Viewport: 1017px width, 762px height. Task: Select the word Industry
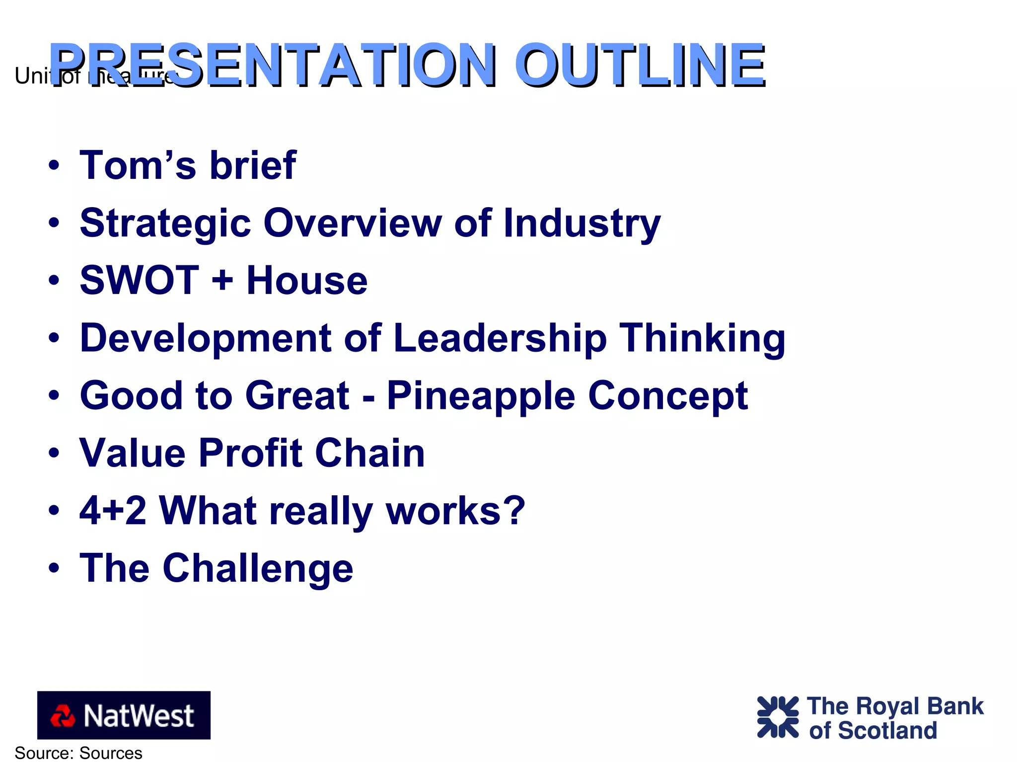pyautogui.click(x=581, y=223)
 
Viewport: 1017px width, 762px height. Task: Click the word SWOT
pyautogui.click(x=139, y=280)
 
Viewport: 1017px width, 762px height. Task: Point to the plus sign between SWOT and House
pyautogui.click(x=222, y=280)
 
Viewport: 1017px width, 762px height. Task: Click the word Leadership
pyautogui.click(x=500, y=338)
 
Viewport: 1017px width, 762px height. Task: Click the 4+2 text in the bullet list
pyautogui.click(x=113, y=511)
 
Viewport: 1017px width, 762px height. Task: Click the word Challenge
pyautogui.click(x=258, y=569)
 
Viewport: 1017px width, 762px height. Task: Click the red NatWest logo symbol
pyautogui.click(x=63, y=716)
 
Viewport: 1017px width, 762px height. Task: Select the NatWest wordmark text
pyautogui.click(x=139, y=716)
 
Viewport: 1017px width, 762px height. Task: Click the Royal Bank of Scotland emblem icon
pyautogui.click(x=777, y=717)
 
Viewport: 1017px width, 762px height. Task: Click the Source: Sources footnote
pyautogui.click(x=78, y=753)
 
